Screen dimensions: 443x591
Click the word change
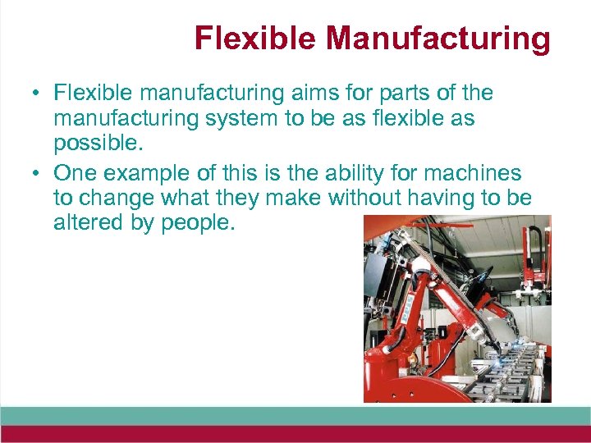117,199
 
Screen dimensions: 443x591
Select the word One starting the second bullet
73,174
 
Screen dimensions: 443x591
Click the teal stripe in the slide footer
295,415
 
